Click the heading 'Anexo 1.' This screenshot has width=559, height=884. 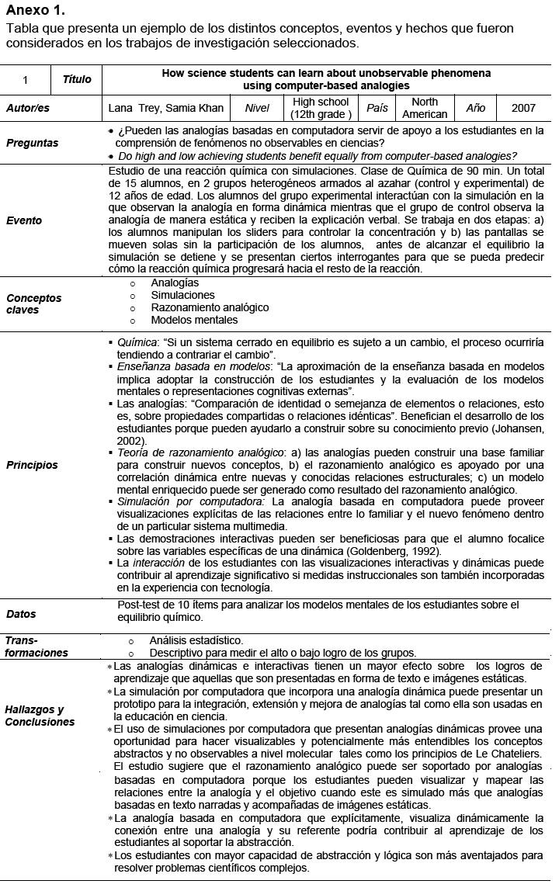pos(35,11)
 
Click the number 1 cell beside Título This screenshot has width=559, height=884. pos(26,79)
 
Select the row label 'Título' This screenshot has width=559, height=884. pos(77,79)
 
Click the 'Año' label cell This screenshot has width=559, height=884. pos(476,109)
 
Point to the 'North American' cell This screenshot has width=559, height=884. pos(425,109)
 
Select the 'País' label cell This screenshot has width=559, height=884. pos(377,109)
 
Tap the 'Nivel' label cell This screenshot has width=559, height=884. pos(257,109)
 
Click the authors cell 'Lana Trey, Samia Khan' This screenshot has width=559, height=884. pos(166,109)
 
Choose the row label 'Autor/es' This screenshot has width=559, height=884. pos(28,109)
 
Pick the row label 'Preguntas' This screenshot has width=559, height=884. pos(32,143)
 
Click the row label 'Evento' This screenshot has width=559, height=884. pos(24,220)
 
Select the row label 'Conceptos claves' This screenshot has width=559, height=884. pos(34,303)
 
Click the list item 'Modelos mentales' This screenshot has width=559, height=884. pos(194,321)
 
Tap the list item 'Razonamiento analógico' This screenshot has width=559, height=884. pos(210,308)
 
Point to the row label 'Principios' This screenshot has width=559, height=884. pos(32,466)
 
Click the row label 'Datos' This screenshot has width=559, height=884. pos(21,614)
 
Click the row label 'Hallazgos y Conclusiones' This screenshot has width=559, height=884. pos(40,716)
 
